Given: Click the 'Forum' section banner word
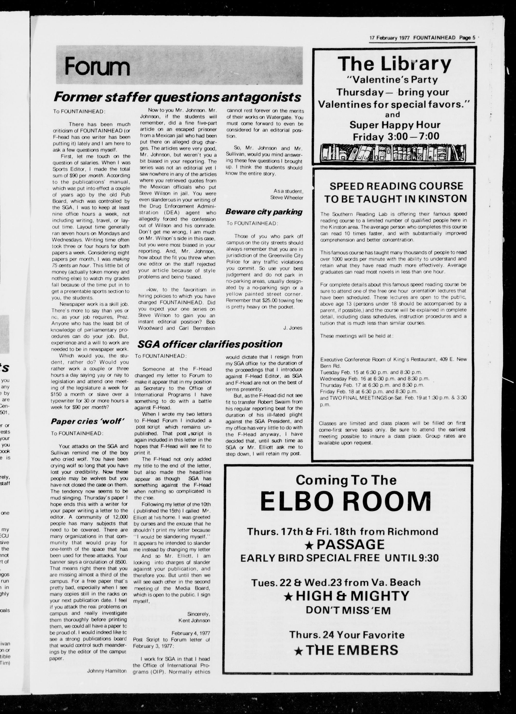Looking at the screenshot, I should click(x=97, y=67).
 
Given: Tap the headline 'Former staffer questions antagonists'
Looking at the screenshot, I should click(x=177, y=97).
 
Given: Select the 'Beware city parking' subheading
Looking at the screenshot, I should click(x=264, y=212).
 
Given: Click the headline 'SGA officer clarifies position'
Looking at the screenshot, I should click(x=210, y=344).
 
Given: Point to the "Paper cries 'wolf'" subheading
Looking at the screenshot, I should click(x=86, y=422).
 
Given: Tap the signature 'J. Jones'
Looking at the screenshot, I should click(x=293, y=328).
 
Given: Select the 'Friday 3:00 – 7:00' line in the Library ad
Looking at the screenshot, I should click(x=396, y=137).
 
